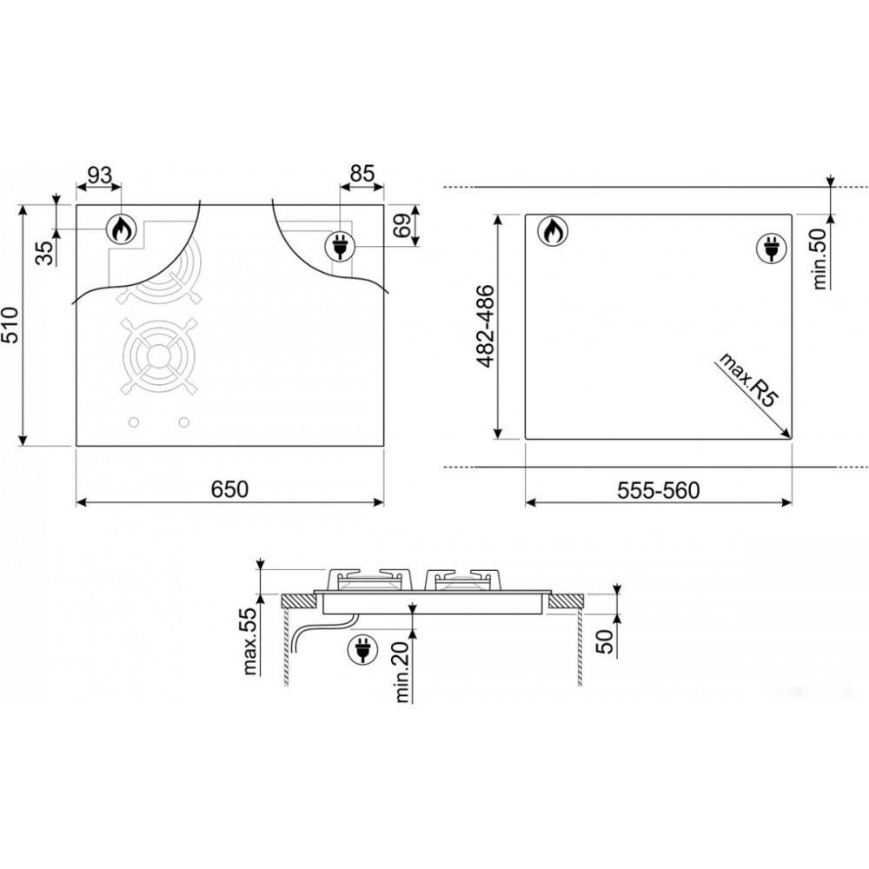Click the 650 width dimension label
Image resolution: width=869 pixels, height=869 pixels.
point(230,489)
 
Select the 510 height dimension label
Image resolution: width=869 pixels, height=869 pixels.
point(10,325)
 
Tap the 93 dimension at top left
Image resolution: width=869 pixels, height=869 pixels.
point(100,176)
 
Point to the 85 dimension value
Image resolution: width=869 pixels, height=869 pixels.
point(362,174)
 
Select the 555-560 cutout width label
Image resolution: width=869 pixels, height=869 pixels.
point(659,490)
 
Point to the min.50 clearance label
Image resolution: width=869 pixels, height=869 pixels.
point(819,259)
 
